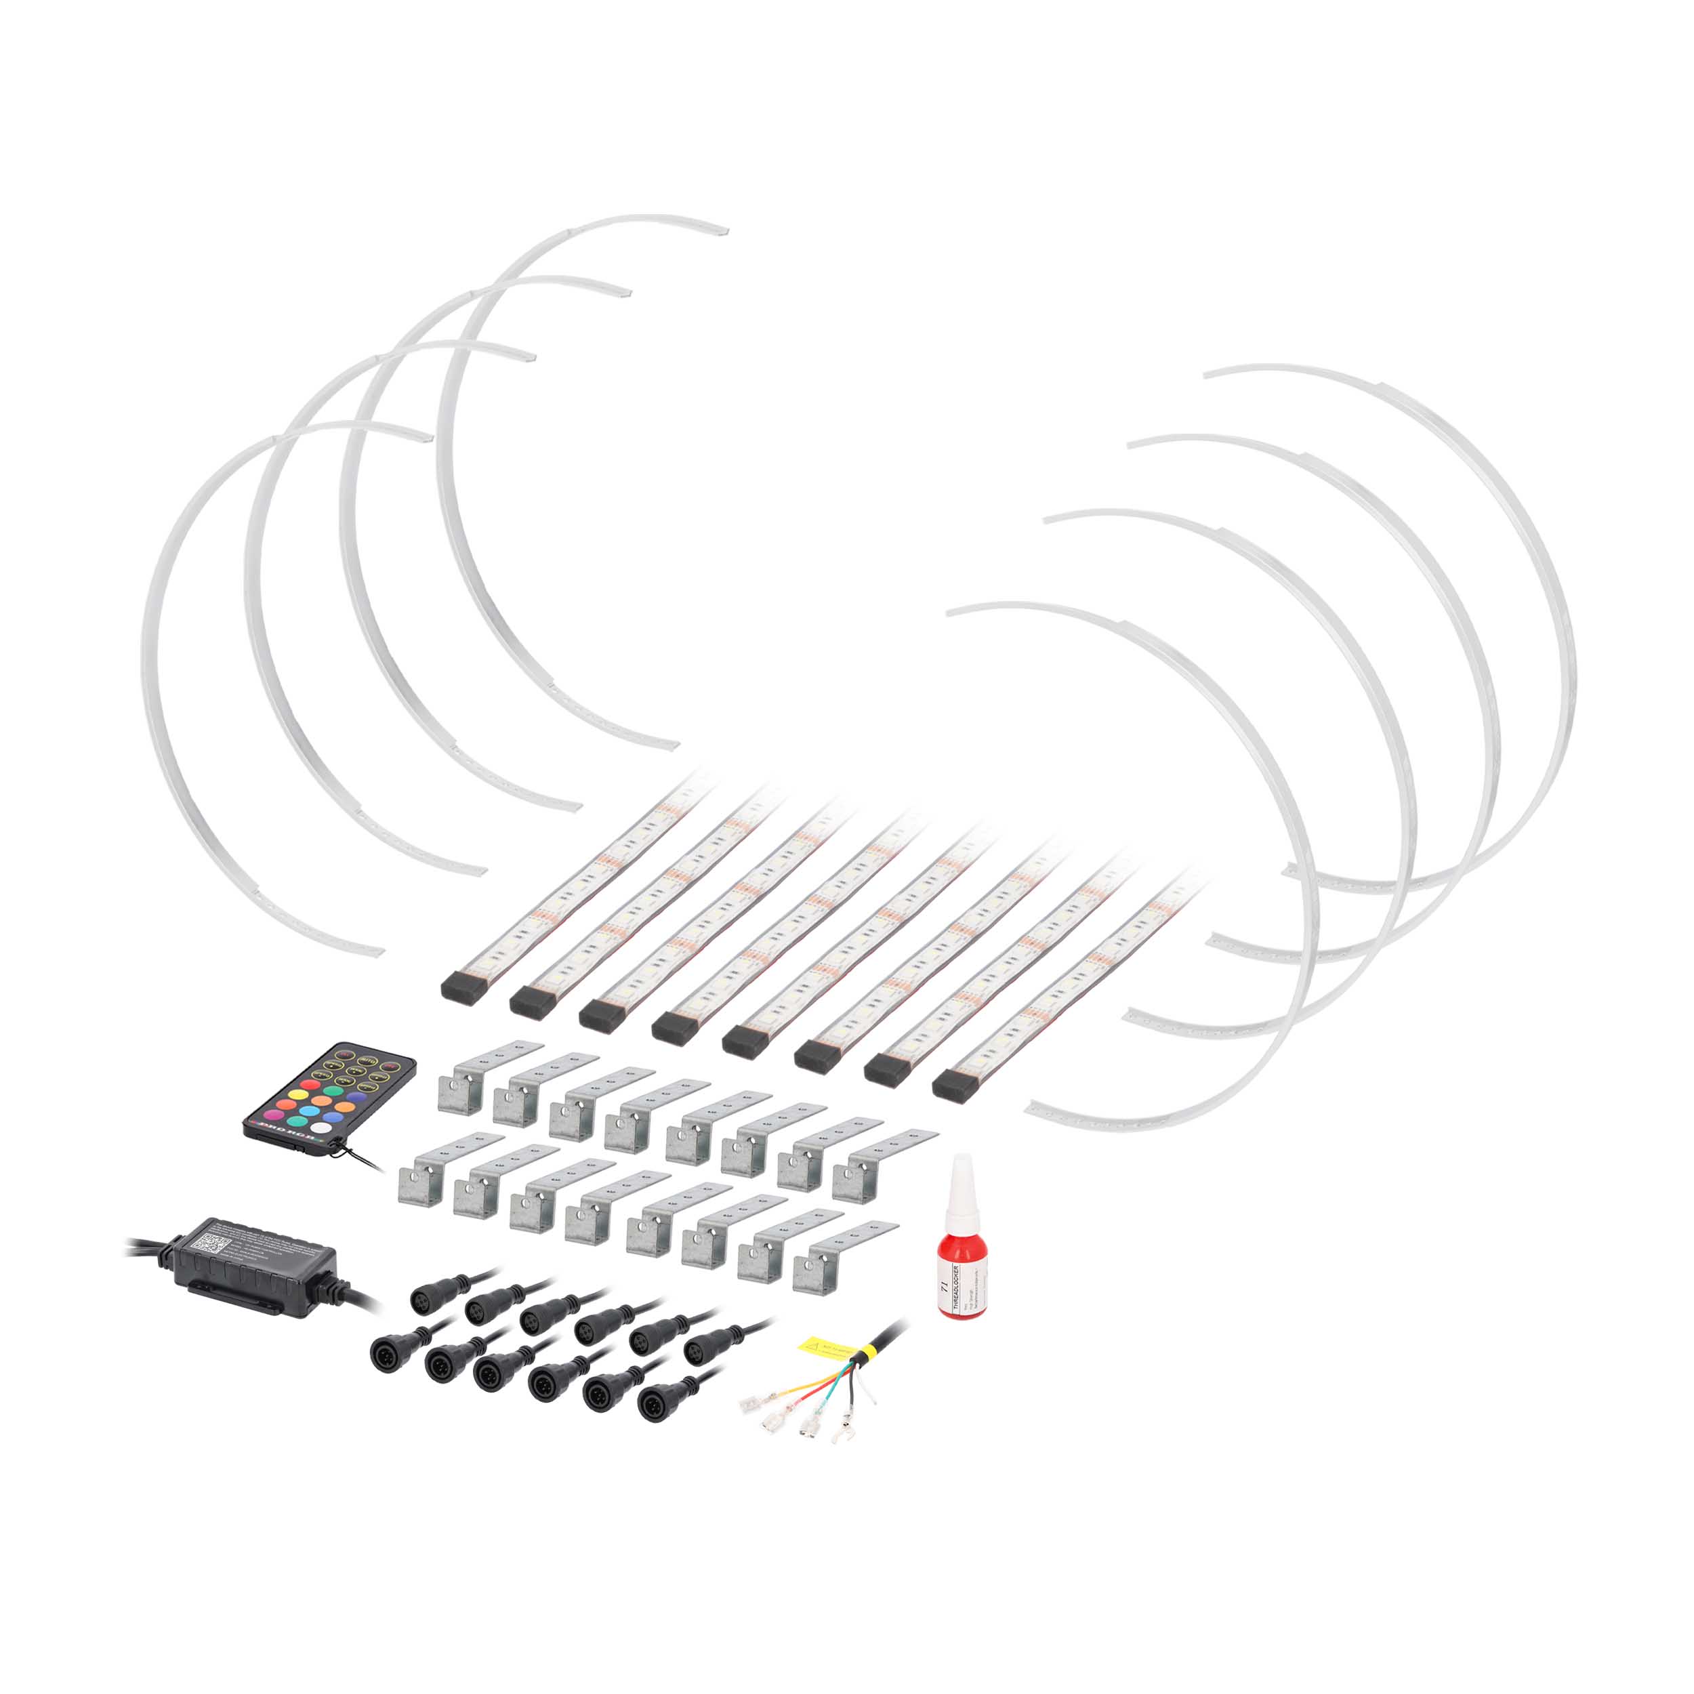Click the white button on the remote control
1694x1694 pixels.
[321, 1127]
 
